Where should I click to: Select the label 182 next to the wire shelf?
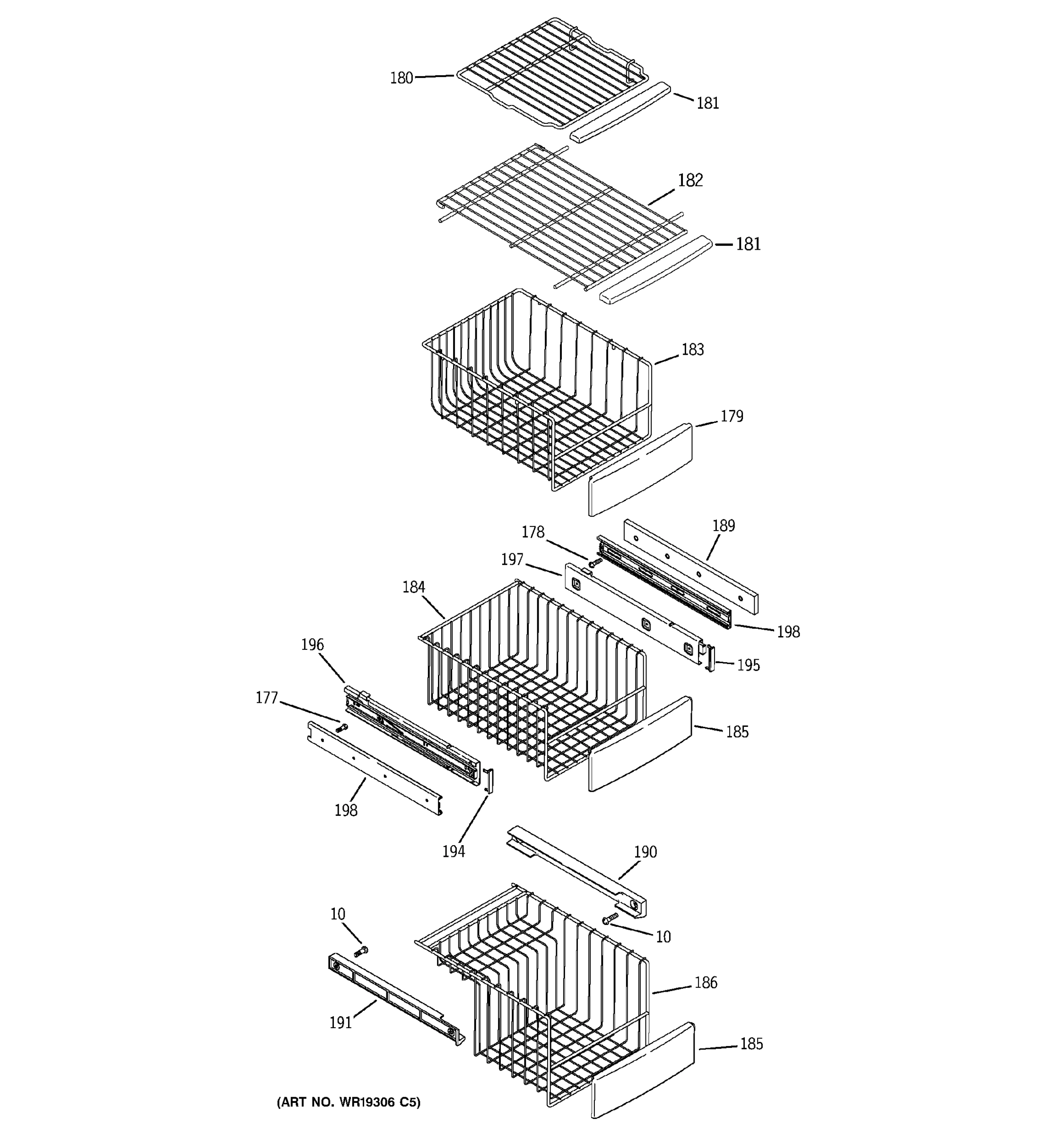[689, 180]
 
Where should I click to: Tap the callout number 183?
[692, 349]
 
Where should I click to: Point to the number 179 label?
[731, 416]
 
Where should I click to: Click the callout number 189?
[723, 526]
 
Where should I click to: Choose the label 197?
[512, 559]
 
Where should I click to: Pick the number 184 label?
[413, 587]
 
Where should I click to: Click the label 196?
[312, 645]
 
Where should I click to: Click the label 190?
[645, 852]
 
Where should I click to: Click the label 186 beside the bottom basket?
[705, 983]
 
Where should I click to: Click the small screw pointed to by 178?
[595, 563]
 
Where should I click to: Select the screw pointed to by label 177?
[342, 727]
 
